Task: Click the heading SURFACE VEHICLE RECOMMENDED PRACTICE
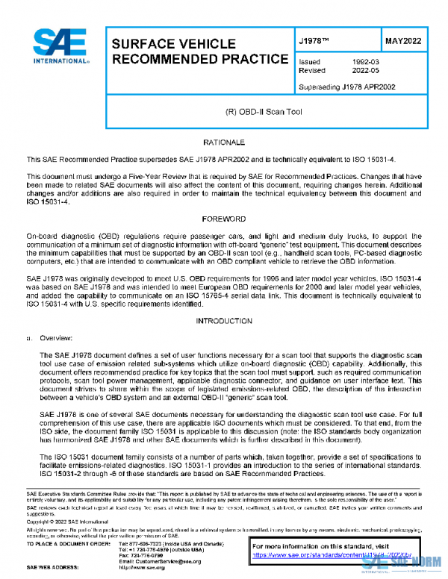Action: tap(199, 51)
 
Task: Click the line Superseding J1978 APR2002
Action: tap(346, 87)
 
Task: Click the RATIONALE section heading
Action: tap(229, 142)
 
